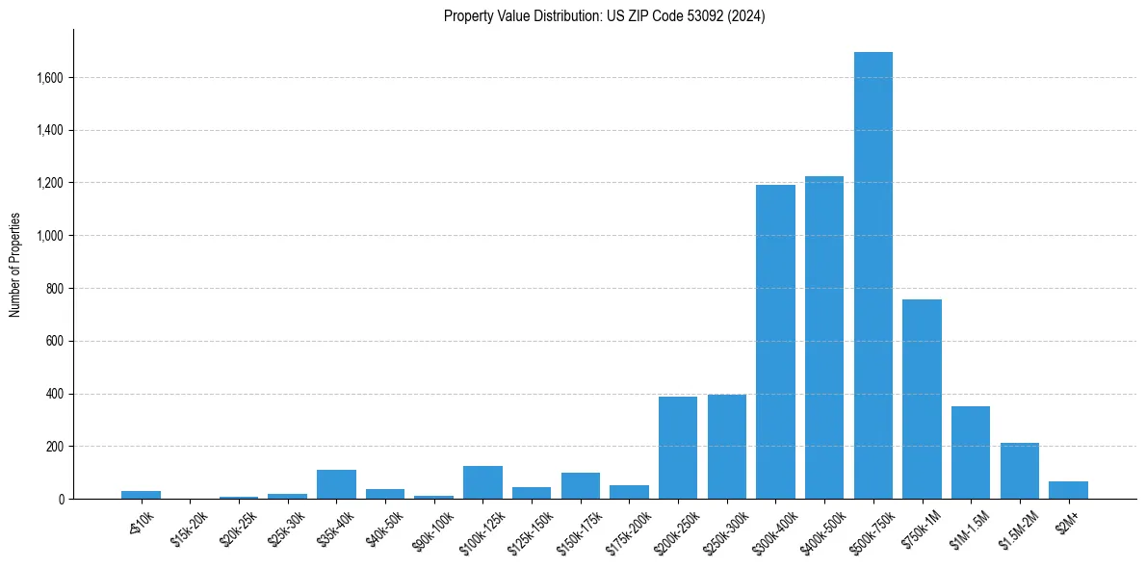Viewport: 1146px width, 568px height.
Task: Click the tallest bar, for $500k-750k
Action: click(x=873, y=275)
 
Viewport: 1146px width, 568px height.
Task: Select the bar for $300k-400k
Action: click(x=775, y=342)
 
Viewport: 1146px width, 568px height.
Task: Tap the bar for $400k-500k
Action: click(x=824, y=338)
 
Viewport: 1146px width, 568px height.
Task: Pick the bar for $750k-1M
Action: click(x=922, y=400)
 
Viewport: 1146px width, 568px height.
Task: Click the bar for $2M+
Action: click(x=1068, y=490)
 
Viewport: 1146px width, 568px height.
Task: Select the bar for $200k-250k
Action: click(x=678, y=448)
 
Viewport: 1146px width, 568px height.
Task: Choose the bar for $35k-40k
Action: click(x=336, y=484)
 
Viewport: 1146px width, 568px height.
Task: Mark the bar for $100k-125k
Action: click(x=482, y=482)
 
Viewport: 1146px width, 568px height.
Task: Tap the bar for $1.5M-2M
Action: click(x=1020, y=471)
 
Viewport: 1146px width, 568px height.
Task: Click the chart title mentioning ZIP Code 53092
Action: click(x=604, y=15)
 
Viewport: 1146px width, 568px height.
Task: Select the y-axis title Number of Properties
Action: click(x=15, y=265)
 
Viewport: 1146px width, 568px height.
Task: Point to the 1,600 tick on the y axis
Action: click(x=48, y=78)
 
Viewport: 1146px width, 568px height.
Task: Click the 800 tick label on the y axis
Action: click(x=53, y=289)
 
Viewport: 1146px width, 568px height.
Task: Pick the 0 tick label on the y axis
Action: click(x=60, y=500)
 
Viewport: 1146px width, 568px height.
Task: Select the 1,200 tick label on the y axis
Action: click(x=48, y=183)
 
